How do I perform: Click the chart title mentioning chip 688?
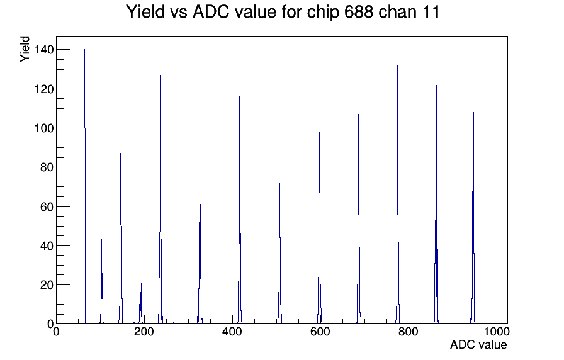(283, 12)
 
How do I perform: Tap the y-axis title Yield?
(25, 49)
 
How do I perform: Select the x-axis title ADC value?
(478, 344)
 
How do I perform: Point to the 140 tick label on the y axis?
(44, 49)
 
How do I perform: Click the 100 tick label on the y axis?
(44, 128)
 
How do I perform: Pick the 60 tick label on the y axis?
(47, 206)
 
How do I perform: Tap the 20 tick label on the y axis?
(47, 285)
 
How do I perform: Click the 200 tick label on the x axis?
(144, 331)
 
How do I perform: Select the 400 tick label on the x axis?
(232, 331)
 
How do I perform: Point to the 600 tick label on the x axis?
(320, 331)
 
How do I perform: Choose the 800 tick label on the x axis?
(409, 331)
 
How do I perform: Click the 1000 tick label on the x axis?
(497, 331)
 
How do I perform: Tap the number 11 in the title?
(432, 12)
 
